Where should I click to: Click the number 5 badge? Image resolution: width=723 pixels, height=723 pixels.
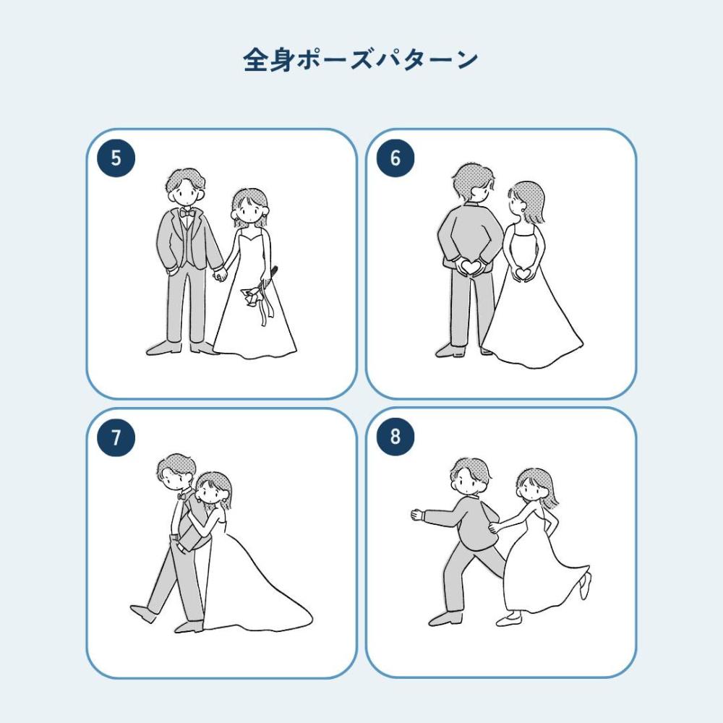pyautogui.click(x=116, y=158)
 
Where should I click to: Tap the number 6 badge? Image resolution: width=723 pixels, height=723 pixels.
pyautogui.click(x=395, y=158)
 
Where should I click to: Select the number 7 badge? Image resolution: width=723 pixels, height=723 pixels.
pyautogui.click(x=116, y=437)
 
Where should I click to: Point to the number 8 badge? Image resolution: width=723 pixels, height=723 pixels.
pyautogui.click(x=395, y=437)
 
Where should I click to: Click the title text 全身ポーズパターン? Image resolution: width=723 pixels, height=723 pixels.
pyautogui.click(x=361, y=59)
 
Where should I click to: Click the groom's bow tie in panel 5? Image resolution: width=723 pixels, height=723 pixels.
pyautogui.click(x=187, y=213)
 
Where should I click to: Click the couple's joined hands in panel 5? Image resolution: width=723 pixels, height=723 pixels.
pyautogui.click(x=220, y=274)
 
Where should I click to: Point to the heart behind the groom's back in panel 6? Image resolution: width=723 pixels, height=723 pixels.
pyautogui.click(x=471, y=267)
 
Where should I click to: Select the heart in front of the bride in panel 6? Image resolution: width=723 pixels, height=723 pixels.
pyautogui.click(x=523, y=274)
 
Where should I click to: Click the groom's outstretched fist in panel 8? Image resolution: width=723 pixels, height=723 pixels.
pyautogui.click(x=417, y=515)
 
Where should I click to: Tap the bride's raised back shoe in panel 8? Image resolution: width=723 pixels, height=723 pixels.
pyautogui.click(x=586, y=586)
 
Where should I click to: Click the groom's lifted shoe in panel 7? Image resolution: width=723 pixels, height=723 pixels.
pyautogui.click(x=143, y=613)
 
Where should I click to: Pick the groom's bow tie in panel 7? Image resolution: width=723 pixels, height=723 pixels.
pyautogui.click(x=182, y=496)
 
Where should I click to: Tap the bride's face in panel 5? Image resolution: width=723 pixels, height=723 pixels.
pyautogui.click(x=249, y=212)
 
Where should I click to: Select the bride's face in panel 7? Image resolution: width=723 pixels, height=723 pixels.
pyautogui.click(x=210, y=491)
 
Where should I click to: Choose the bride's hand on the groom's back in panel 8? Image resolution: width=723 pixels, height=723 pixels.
pyautogui.click(x=495, y=528)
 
